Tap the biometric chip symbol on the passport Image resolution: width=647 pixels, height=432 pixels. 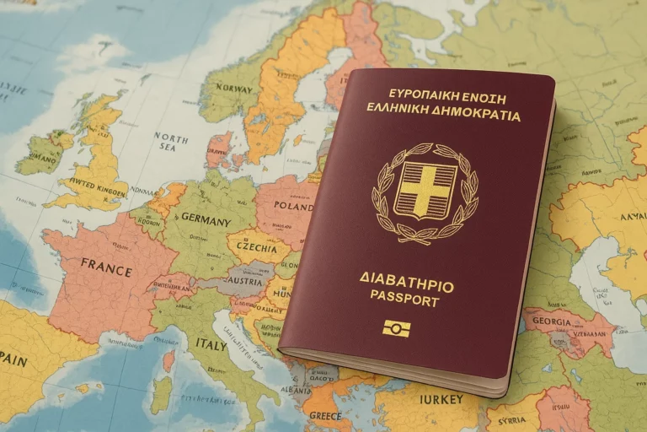click(396, 328)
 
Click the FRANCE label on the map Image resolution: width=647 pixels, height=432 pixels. click(106, 268)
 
